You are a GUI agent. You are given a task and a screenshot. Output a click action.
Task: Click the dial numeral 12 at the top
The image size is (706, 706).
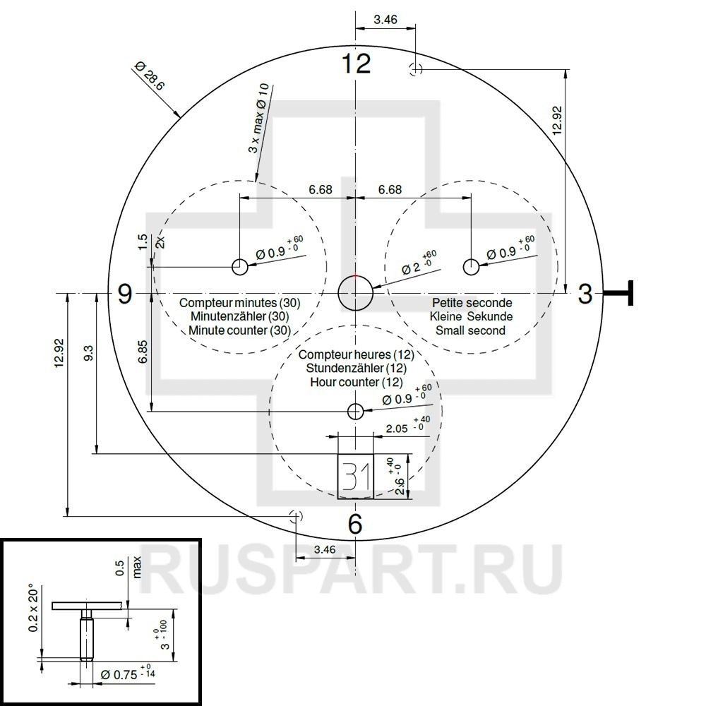[356, 63]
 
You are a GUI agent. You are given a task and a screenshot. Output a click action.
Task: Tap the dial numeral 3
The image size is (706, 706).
[585, 294]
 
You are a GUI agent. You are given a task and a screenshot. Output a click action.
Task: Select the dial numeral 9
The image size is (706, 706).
[125, 294]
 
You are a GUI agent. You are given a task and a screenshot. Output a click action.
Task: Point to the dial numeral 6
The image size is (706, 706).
[355, 524]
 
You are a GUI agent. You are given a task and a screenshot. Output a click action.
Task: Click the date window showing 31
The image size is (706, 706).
[356, 477]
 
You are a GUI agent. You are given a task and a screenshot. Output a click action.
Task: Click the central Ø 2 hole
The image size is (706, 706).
[356, 293]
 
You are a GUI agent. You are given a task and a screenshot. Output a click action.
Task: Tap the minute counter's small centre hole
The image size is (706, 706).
[239, 267]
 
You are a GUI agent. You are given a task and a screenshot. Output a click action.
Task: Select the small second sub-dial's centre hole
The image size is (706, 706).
[472, 267]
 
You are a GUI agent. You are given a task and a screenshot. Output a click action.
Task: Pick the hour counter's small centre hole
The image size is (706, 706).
[356, 411]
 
